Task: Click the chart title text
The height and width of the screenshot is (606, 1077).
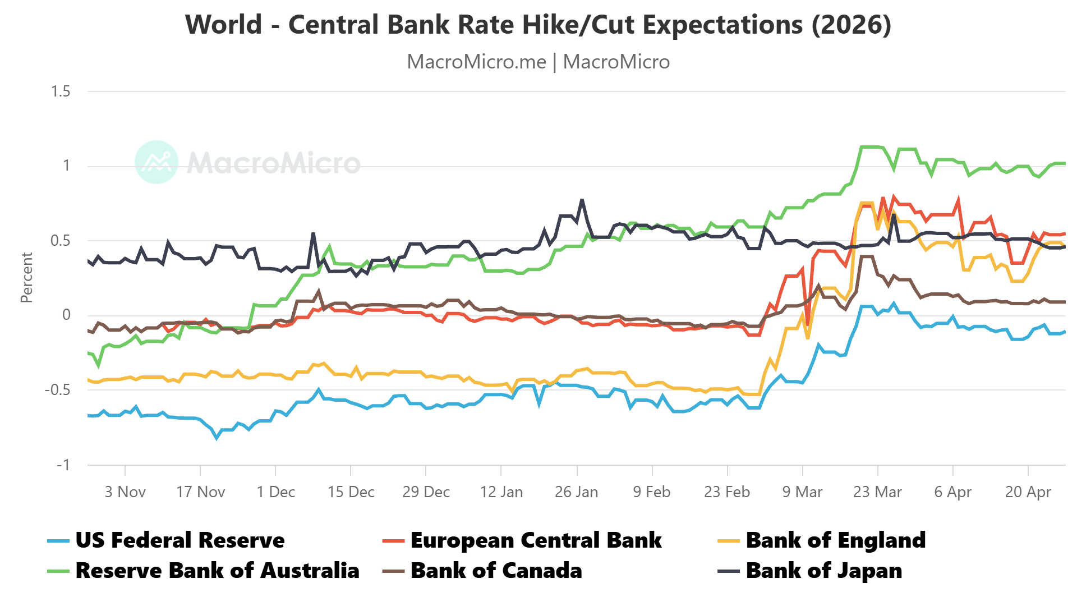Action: click(538, 25)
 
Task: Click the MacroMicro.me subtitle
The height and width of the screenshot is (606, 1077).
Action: click(538, 62)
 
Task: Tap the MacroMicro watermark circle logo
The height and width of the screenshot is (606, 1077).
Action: click(157, 162)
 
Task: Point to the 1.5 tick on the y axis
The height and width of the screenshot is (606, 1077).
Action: click(61, 91)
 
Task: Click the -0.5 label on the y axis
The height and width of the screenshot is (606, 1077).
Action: click(57, 390)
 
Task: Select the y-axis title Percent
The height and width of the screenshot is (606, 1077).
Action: click(26, 278)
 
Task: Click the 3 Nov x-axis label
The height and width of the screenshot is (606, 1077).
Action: click(125, 492)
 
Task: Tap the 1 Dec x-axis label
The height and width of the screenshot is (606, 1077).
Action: click(275, 492)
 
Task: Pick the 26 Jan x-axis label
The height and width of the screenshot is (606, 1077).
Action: click(576, 492)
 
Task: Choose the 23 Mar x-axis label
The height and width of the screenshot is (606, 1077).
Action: click(877, 492)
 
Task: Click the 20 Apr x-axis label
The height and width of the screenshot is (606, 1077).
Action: click(1028, 492)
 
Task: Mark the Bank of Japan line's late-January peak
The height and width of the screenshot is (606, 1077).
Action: click(582, 200)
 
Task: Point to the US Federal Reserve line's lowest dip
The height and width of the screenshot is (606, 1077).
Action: click(217, 438)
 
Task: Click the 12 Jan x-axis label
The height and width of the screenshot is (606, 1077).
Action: click(501, 492)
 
